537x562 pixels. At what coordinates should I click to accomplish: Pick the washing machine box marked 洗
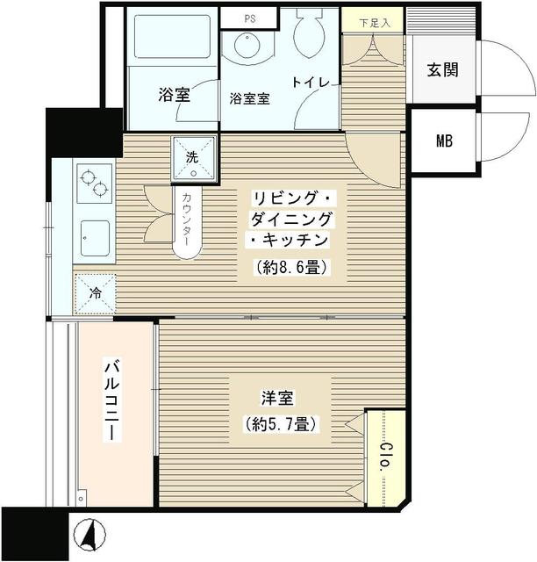click(193, 158)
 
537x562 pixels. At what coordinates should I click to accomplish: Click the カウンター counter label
click(188, 219)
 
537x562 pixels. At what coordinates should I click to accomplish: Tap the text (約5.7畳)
click(279, 425)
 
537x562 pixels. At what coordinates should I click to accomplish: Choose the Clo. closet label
click(384, 457)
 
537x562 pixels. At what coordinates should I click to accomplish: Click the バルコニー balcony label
click(111, 400)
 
